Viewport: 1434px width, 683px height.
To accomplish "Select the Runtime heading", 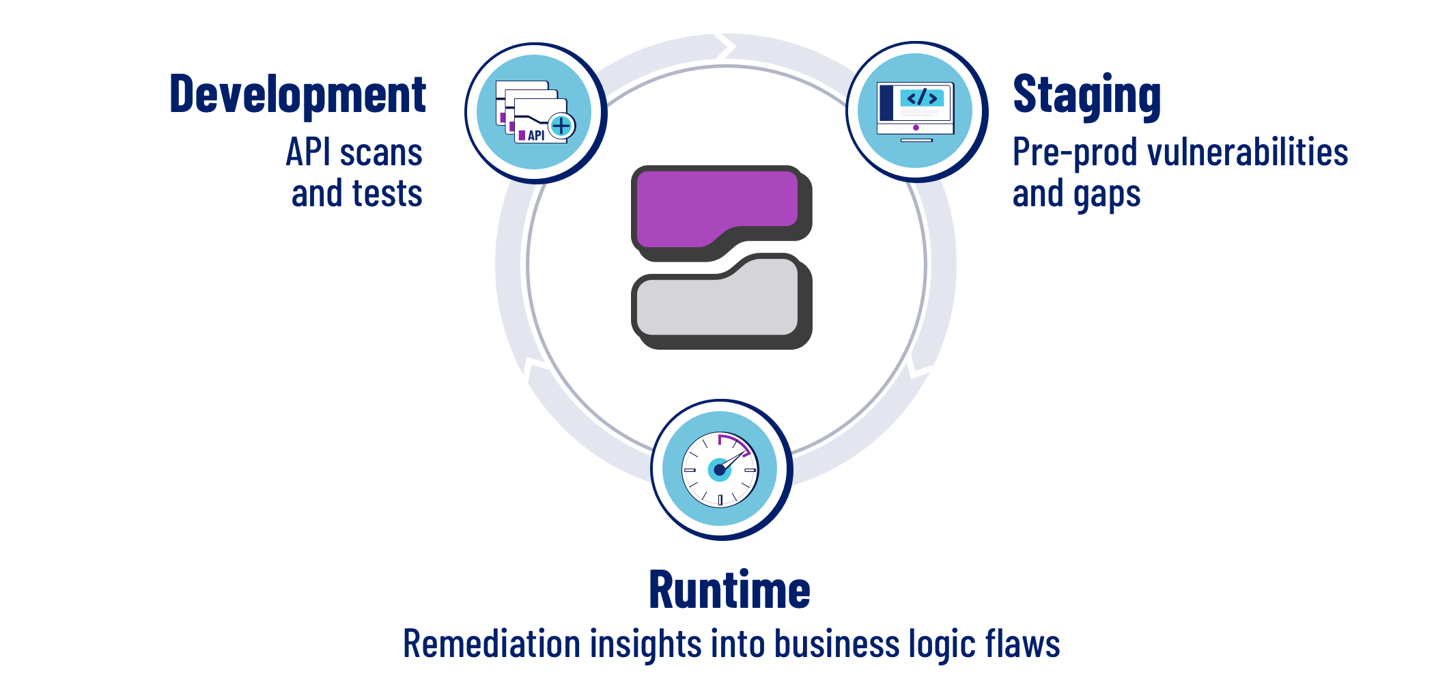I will (x=729, y=590).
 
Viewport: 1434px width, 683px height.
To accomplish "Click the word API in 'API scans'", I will (x=307, y=152).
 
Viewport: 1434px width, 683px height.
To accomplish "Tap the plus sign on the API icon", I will (x=561, y=126).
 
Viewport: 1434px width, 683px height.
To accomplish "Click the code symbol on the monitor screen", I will (x=922, y=98).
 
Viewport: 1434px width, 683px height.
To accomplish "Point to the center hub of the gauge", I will (x=719, y=470).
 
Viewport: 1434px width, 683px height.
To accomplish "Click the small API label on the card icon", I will (x=536, y=135).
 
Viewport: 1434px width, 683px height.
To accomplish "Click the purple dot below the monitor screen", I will (x=916, y=128).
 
